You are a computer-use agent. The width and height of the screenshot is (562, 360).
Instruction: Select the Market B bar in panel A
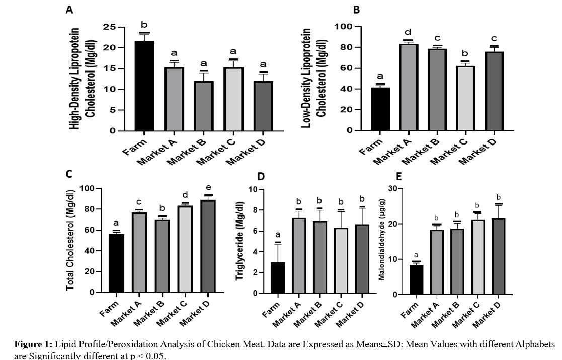[204, 106]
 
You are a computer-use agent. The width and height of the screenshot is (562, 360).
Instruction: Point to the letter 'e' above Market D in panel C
[208, 188]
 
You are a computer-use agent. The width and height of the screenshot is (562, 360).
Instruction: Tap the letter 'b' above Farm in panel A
[144, 25]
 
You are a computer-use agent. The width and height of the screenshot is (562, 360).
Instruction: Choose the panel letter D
[260, 177]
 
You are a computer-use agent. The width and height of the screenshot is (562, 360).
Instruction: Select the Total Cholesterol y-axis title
[70, 240]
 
